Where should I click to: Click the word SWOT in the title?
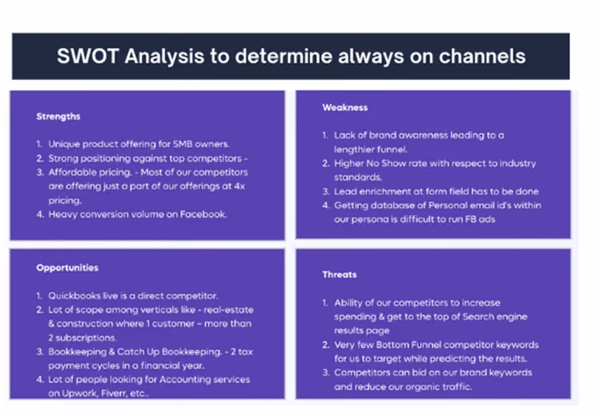88,56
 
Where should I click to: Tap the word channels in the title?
482,56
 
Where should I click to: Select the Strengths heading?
58,116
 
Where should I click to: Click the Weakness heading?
345,108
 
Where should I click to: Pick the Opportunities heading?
67,268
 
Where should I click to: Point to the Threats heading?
340,274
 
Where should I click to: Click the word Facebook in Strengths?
203,215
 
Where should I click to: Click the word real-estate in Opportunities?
229,309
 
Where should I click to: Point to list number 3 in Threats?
326,373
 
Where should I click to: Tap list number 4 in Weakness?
326,206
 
